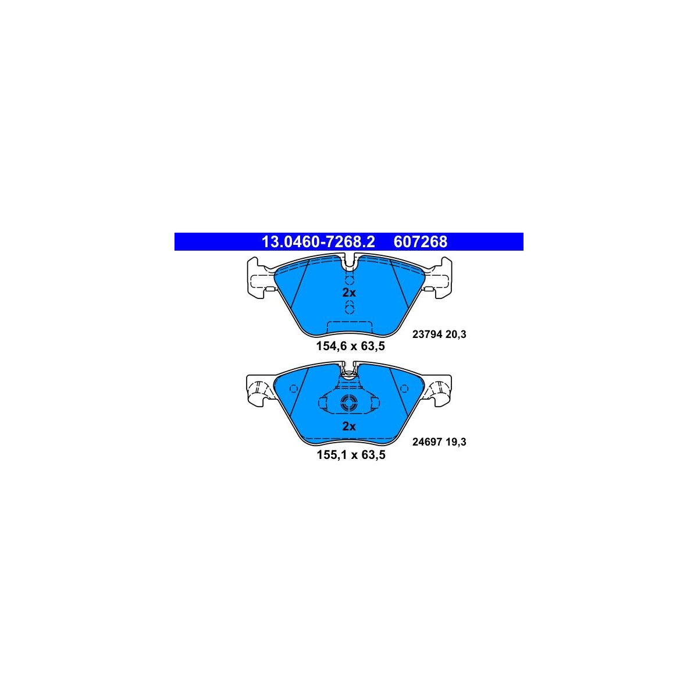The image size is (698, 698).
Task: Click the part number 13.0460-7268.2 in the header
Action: [x=318, y=241]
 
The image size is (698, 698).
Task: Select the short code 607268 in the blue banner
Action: [x=420, y=241]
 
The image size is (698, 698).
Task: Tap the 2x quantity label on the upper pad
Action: [x=349, y=293]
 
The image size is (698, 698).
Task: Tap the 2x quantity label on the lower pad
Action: [x=349, y=426]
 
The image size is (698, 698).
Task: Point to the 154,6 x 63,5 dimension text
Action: [x=350, y=346]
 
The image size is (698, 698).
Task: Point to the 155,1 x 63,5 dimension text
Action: [x=351, y=455]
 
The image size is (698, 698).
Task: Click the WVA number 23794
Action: [x=428, y=334]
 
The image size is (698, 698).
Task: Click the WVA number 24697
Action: [x=428, y=442]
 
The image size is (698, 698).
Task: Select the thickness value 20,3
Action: [x=455, y=334]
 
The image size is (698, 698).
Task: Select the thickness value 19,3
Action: [x=455, y=442]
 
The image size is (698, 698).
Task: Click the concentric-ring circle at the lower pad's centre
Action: [x=349, y=403]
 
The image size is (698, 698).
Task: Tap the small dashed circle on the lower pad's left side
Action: [x=294, y=389]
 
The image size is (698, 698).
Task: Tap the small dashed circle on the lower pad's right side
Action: [x=405, y=389]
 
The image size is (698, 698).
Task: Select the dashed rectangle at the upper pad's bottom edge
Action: [x=350, y=327]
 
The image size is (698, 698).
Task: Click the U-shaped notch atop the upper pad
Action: [x=349, y=262]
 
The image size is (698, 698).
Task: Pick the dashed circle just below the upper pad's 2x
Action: [x=349, y=308]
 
